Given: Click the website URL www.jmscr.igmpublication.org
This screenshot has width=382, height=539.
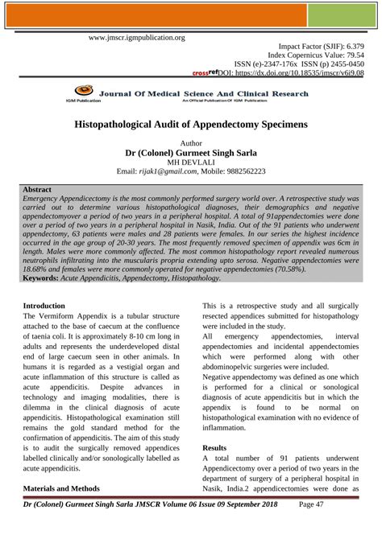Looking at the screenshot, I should pyautogui.click(x=136, y=37).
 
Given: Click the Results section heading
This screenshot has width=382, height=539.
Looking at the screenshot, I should pyautogui.click(x=215, y=446).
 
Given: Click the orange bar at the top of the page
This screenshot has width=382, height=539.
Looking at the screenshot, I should pyautogui.click(x=190, y=16).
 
